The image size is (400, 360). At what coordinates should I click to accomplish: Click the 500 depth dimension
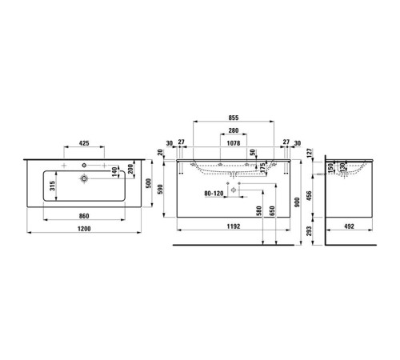pos(146,182)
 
